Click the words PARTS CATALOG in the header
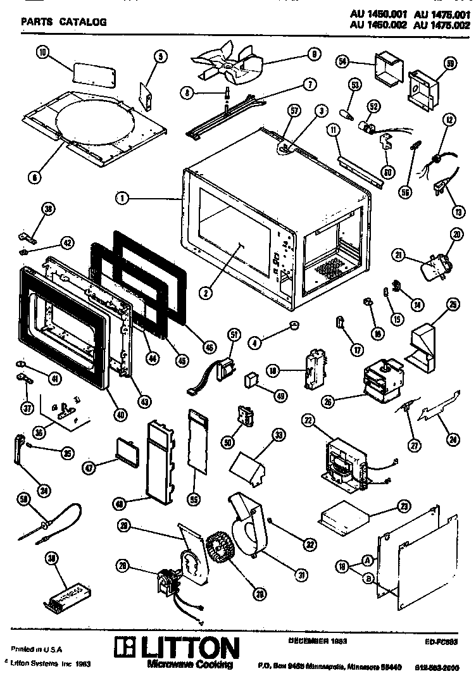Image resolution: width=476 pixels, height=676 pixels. tap(64, 22)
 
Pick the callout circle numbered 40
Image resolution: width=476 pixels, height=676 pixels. tap(121, 414)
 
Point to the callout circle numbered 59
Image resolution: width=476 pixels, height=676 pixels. tap(451, 63)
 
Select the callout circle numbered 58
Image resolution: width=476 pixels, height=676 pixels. tap(25, 499)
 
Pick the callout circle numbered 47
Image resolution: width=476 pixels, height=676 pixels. tap(89, 468)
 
